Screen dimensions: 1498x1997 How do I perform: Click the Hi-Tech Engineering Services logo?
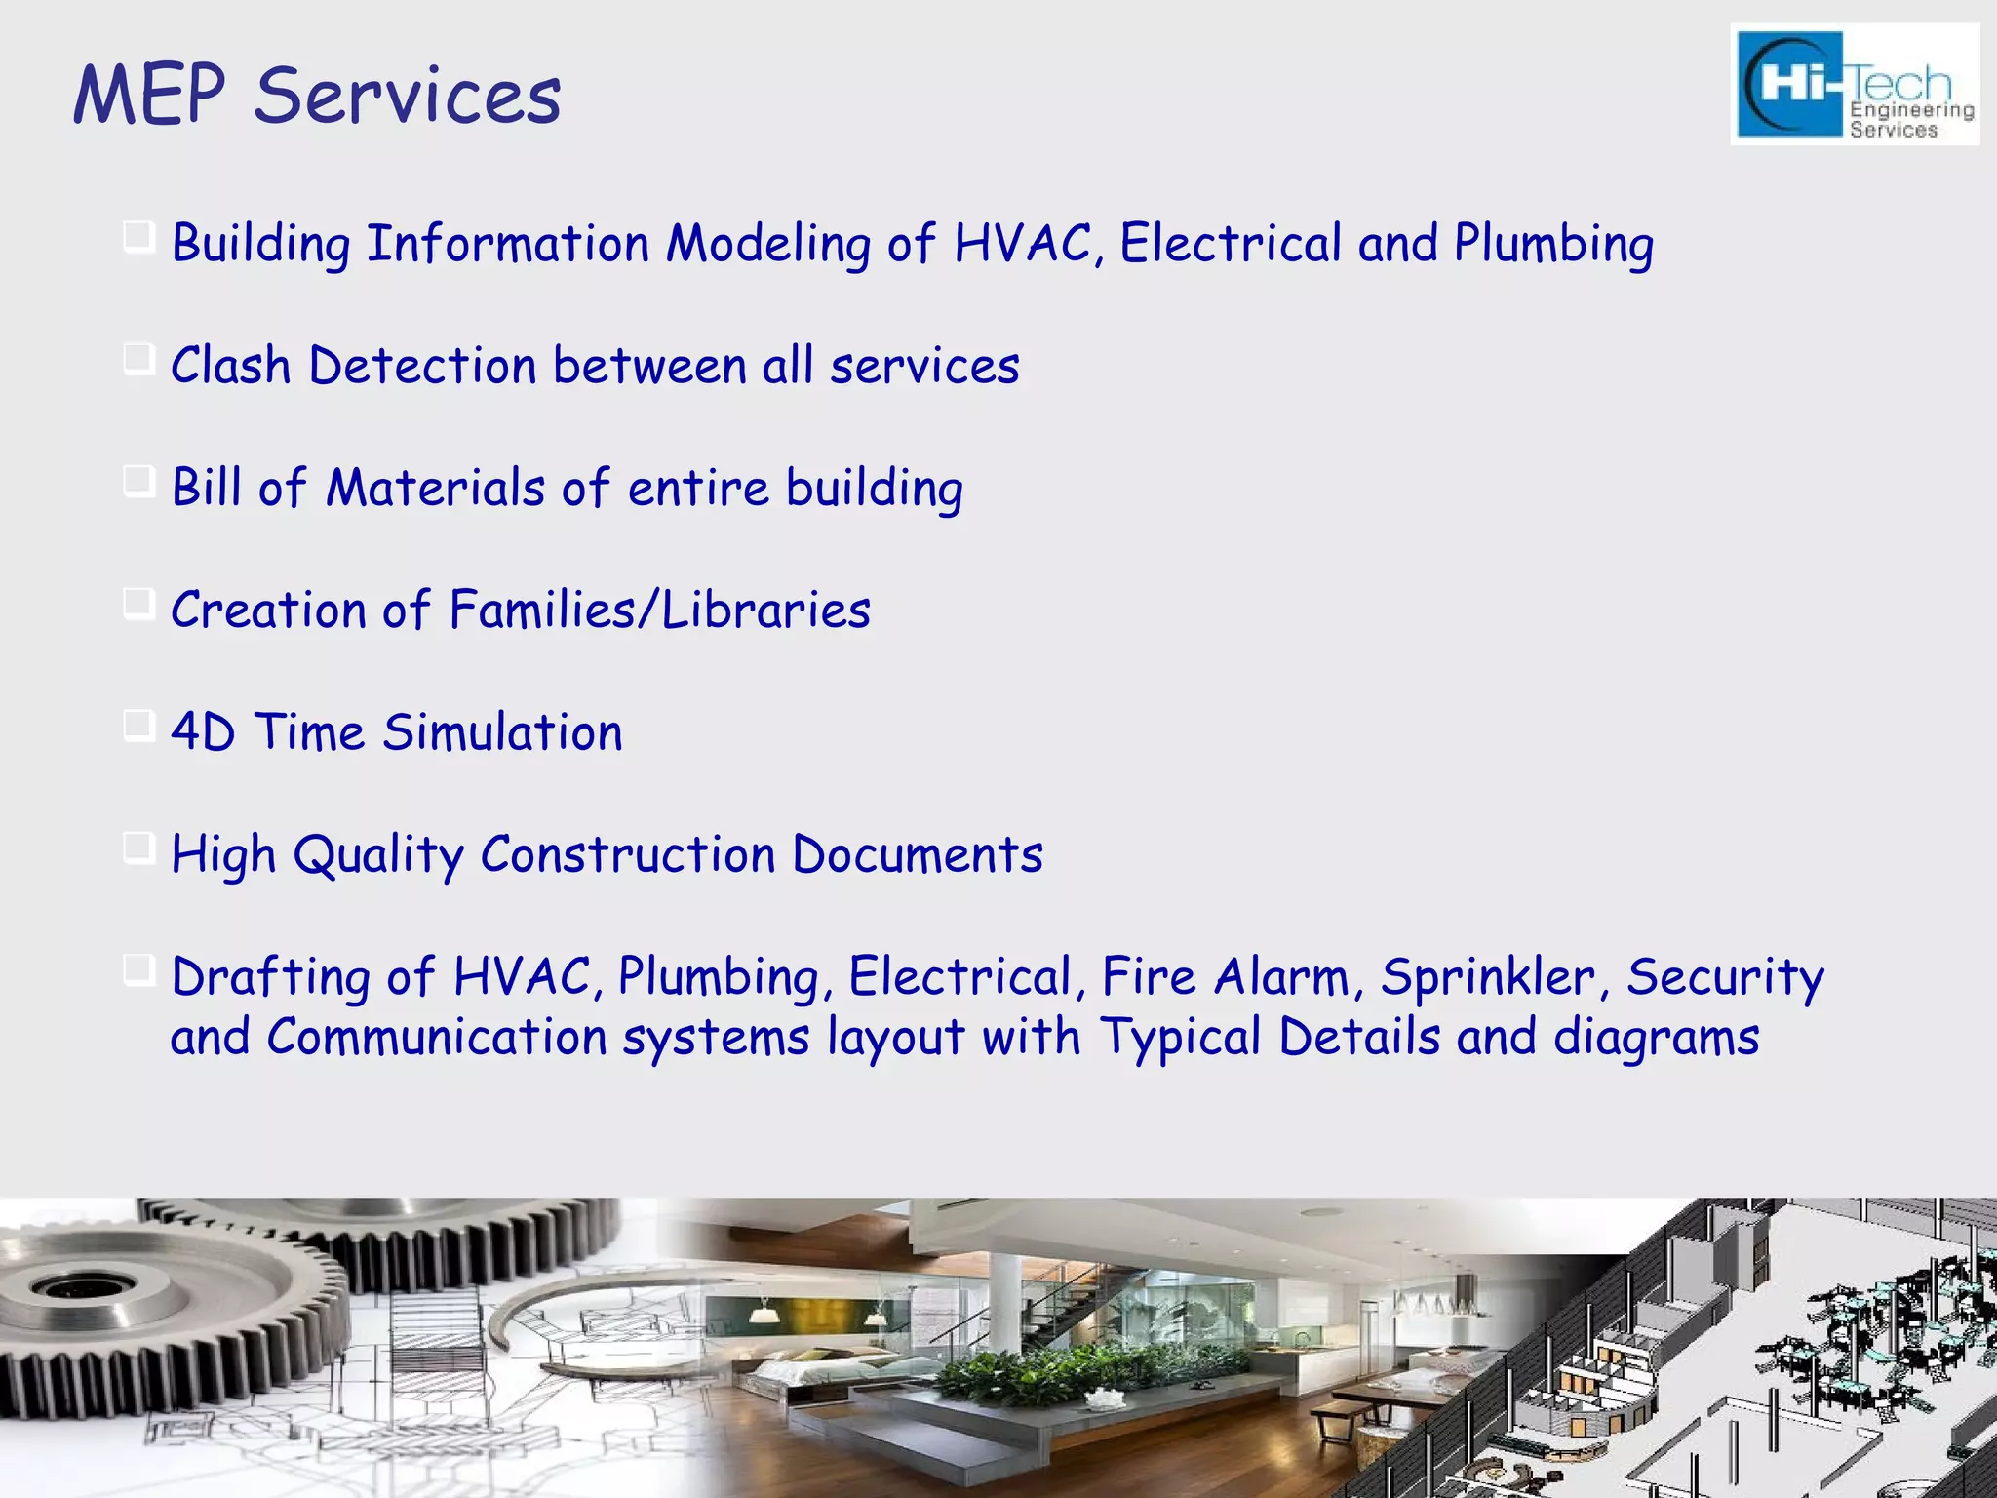pos(1855,85)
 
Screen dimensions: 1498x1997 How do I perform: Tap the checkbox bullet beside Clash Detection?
pos(139,362)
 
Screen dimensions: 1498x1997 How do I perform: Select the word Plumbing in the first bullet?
pos(1553,245)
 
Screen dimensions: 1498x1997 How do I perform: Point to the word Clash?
pos(230,367)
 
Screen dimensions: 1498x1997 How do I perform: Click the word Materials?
pos(434,488)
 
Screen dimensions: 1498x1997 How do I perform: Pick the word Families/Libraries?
pos(659,611)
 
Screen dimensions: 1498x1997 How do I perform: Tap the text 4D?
pos(203,732)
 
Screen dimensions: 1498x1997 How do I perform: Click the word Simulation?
pos(502,732)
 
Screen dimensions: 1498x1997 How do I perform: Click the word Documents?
pos(917,854)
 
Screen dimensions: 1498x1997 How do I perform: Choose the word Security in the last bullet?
pos(1725,977)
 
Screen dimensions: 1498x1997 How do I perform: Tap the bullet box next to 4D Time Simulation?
pos(139,728)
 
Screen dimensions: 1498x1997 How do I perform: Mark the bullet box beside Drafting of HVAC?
pos(139,972)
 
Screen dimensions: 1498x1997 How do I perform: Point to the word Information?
pos(507,244)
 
